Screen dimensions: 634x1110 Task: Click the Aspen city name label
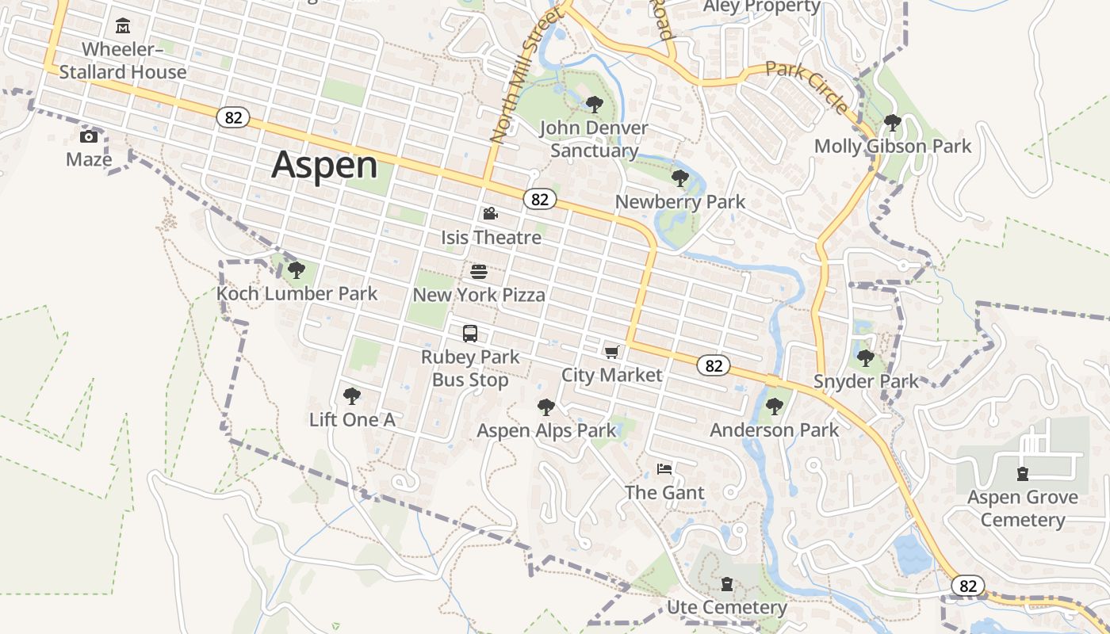(324, 165)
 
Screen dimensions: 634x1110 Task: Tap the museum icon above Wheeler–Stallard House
(123, 27)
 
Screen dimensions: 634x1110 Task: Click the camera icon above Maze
(89, 136)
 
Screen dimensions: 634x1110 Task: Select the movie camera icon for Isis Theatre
(491, 214)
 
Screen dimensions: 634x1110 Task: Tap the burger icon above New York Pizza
(479, 272)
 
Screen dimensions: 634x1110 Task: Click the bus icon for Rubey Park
(470, 334)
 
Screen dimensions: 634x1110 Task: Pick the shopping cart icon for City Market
(611, 352)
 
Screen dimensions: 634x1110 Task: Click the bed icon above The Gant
(664, 469)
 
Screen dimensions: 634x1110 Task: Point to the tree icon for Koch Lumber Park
(297, 270)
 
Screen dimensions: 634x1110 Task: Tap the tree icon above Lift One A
(351, 396)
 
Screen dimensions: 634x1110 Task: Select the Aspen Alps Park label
(546, 430)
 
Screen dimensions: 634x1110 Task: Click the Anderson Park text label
(774, 430)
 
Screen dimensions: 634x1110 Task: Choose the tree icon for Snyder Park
(866, 358)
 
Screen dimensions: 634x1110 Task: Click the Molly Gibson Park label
(893, 147)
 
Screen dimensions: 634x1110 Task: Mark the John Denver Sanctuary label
(594, 139)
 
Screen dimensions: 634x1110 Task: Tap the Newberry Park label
(680, 202)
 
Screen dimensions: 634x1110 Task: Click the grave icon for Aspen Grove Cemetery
(1023, 474)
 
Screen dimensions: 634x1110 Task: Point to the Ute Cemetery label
(727, 608)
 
